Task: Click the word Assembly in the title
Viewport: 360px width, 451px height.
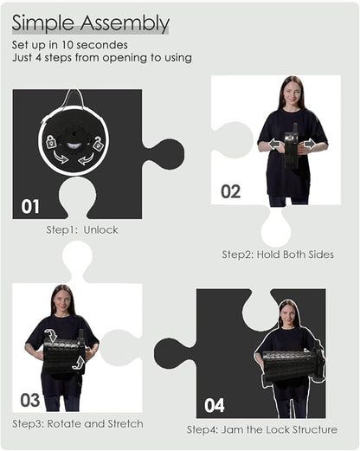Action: [125, 23]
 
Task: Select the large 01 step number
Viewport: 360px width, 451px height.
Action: [30, 207]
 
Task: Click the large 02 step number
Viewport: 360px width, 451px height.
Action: [230, 191]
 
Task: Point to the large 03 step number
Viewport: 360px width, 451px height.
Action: [30, 400]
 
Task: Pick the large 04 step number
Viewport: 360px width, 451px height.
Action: [215, 405]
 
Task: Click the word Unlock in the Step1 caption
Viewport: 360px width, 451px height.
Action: [100, 230]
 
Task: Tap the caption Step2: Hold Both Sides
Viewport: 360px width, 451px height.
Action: [278, 254]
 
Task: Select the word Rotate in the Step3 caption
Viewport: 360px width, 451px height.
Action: [64, 424]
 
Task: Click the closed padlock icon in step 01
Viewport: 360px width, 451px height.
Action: [51, 141]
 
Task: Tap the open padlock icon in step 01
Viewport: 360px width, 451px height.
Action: [98, 143]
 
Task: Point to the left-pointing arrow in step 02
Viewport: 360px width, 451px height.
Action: [274, 144]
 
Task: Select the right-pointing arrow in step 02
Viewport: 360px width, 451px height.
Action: [309, 144]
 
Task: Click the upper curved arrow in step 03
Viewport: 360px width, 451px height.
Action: [51, 335]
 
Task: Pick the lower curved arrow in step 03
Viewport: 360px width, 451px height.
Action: [79, 362]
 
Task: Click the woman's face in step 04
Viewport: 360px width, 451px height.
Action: [286, 314]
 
